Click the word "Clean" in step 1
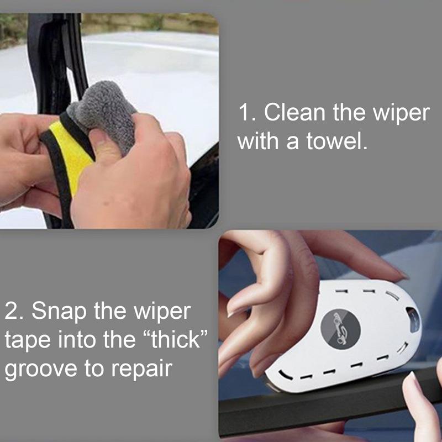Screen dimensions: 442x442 point(294,113)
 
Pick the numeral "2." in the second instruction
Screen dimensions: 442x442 point(13,311)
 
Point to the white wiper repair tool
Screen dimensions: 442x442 point(354,354)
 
